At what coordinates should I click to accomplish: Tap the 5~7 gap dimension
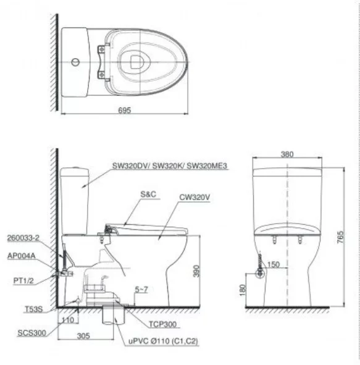(x=141, y=289)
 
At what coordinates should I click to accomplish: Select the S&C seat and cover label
(x=148, y=193)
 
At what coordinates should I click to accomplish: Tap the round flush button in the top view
(x=73, y=62)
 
